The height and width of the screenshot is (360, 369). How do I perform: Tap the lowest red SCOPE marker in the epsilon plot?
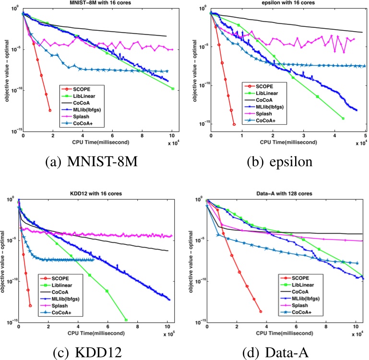[234, 124]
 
